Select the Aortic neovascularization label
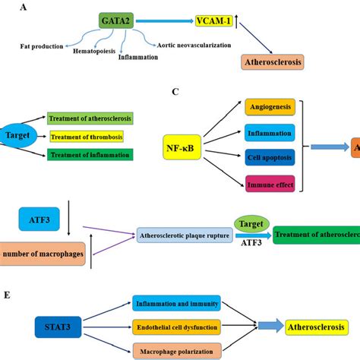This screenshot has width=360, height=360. coord(192,46)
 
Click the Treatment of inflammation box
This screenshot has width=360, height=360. coord(89,155)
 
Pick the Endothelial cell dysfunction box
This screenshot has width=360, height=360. coord(175,327)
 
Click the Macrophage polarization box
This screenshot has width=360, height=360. coord(175,350)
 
